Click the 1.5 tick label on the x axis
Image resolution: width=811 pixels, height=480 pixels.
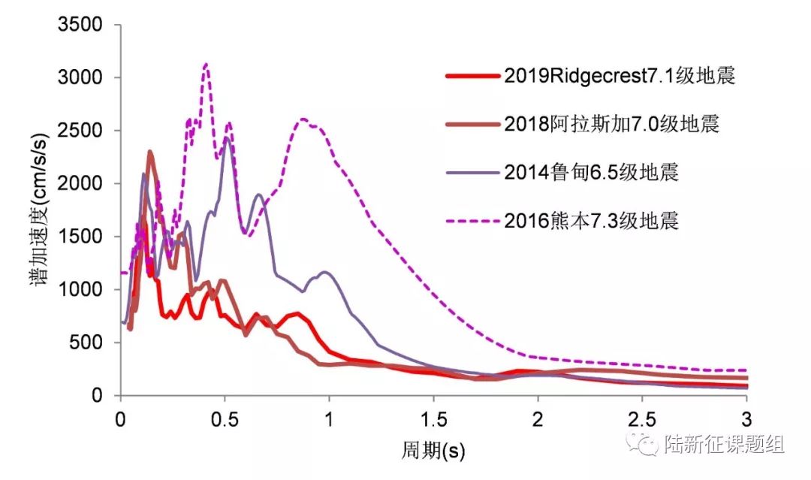[x=433, y=418]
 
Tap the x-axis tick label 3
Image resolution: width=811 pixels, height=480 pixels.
[x=746, y=418]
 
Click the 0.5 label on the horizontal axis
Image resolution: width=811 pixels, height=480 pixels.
[x=225, y=418]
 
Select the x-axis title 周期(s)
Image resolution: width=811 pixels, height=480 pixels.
[x=433, y=450]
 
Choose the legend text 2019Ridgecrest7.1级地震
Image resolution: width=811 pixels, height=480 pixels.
[x=619, y=76]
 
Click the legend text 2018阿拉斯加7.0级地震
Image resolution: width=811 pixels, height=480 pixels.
[x=612, y=125]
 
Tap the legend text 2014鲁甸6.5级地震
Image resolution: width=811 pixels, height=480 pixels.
[x=592, y=173]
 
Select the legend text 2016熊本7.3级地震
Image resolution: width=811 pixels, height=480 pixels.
[x=592, y=221]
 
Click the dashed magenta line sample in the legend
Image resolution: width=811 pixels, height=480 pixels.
[x=472, y=221]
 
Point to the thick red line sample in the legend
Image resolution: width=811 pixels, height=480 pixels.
[x=472, y=76]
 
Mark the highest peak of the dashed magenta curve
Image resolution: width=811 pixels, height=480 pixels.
[x=206, y=65]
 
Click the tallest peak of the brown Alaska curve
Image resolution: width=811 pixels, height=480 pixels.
[x=150, y=152]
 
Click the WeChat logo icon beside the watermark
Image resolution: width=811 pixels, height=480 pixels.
[x=647, y=444]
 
